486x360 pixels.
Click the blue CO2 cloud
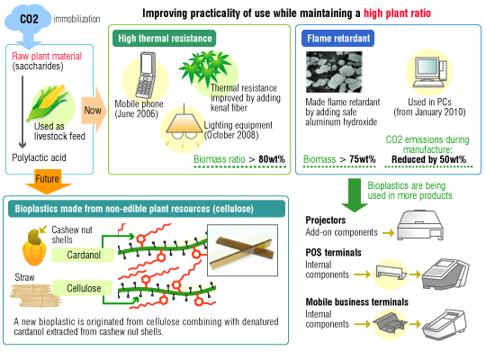[28, 19]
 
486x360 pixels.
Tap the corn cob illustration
[47, 102]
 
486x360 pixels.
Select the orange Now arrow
[94, 110]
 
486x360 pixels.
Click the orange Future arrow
[48, 182]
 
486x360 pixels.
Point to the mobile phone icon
[145, 76]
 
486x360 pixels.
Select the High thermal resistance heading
[165, 39]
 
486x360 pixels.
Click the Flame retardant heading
[337, 39]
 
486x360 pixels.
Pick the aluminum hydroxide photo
[334, 72]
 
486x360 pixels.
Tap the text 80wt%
[272, 159]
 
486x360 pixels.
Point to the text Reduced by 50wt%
[428, 159]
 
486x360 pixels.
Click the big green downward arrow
[355, 195]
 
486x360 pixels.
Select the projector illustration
[420, 225]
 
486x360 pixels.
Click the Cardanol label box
[83, 255]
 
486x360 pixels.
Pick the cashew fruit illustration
[34, 247]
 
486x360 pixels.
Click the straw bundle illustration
[35, 295]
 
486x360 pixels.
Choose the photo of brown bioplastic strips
[242, 250]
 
